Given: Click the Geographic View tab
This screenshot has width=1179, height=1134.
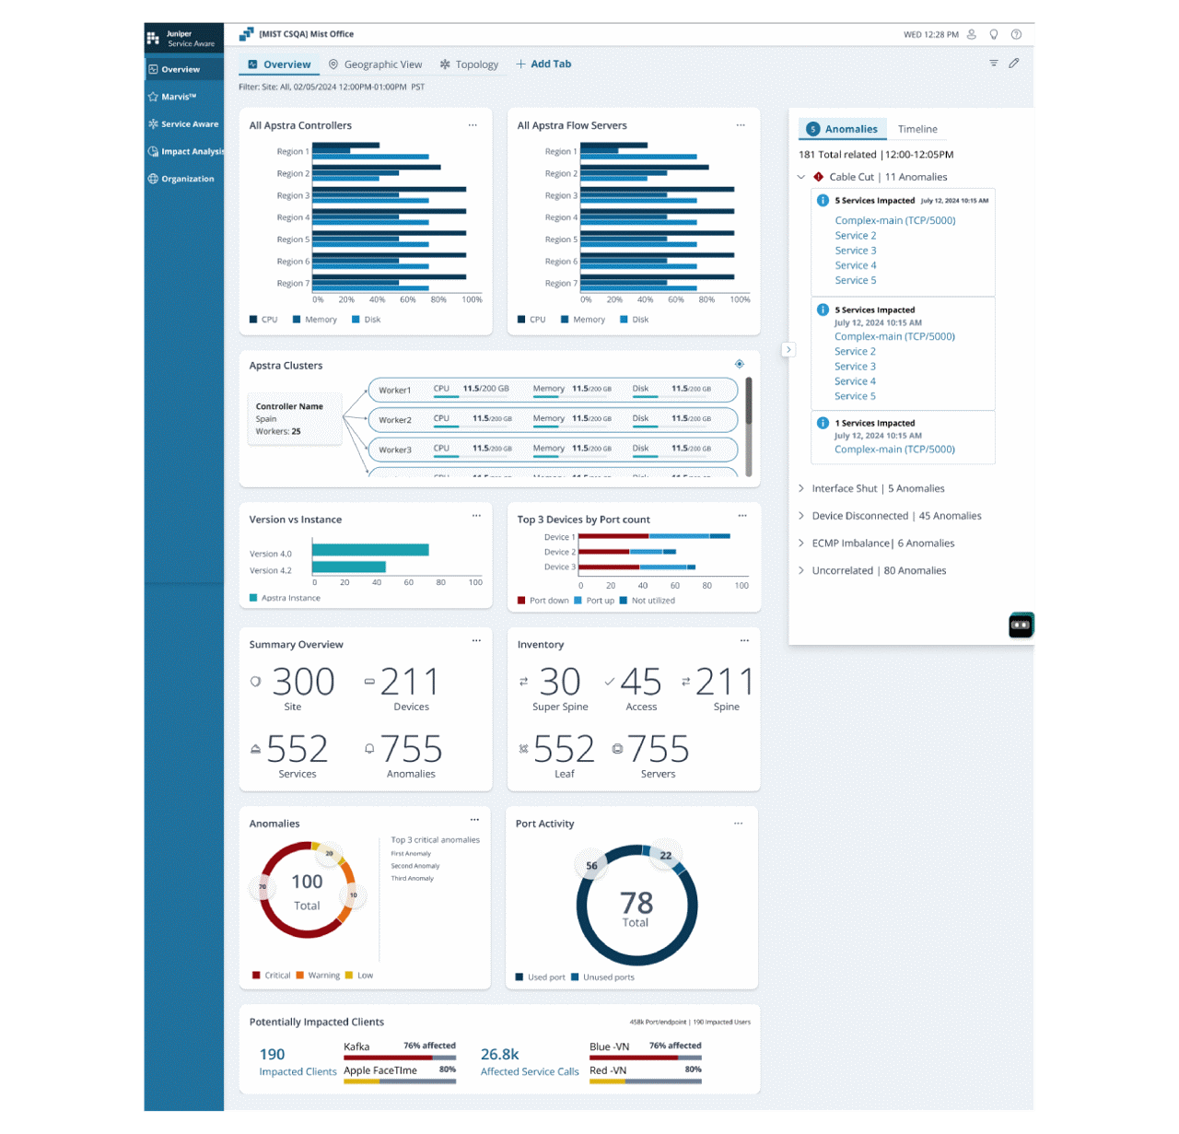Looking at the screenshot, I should pos(376,64).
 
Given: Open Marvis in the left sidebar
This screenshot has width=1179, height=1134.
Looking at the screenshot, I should pos(179,97).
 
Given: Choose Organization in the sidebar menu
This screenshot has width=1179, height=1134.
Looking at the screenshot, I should pos(187,179).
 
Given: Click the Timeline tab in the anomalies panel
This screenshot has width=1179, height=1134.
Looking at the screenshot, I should pos(917,129).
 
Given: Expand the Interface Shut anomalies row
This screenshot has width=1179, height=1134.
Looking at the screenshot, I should pos(877,489).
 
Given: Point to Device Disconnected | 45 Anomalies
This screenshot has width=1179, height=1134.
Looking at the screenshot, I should pos(895,516).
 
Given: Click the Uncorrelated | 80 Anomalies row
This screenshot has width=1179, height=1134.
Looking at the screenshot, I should pos(878,571).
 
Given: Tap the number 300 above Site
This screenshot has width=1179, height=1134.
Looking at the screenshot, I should pos(303,683).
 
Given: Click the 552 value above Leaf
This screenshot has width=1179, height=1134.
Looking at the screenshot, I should pos(564,750).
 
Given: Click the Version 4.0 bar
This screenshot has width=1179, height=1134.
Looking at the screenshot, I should pos(370,550).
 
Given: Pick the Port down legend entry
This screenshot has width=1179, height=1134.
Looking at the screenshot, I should pos(548,601).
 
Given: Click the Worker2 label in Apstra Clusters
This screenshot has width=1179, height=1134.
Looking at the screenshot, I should pos(395,420).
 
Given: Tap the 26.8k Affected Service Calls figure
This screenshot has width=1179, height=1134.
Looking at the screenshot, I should pos(500,1055).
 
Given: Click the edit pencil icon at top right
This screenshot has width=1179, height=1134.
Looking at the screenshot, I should pos(1013,64).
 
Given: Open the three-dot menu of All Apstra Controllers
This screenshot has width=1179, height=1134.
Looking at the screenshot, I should pos(473,125).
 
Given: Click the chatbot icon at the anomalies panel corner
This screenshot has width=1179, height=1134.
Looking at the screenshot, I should pos(1021,625).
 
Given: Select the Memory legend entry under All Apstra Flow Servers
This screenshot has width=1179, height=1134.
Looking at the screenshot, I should pos(588,320).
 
